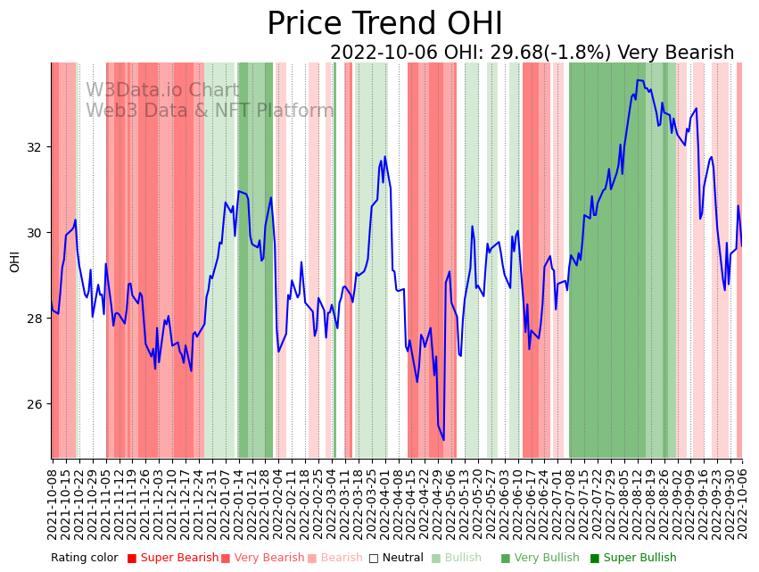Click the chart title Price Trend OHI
(384, 24)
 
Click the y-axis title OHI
(14, 261)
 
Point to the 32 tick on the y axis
(37, 147)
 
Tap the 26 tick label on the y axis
(37, 404)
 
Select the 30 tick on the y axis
(37, 233)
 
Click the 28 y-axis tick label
(37, 319)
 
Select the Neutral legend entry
(397, 558)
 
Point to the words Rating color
(84, 558)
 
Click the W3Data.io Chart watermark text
(162, 91)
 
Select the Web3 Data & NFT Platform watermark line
(210, 111)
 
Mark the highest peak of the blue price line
(638, 79)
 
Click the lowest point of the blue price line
(443, 439)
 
